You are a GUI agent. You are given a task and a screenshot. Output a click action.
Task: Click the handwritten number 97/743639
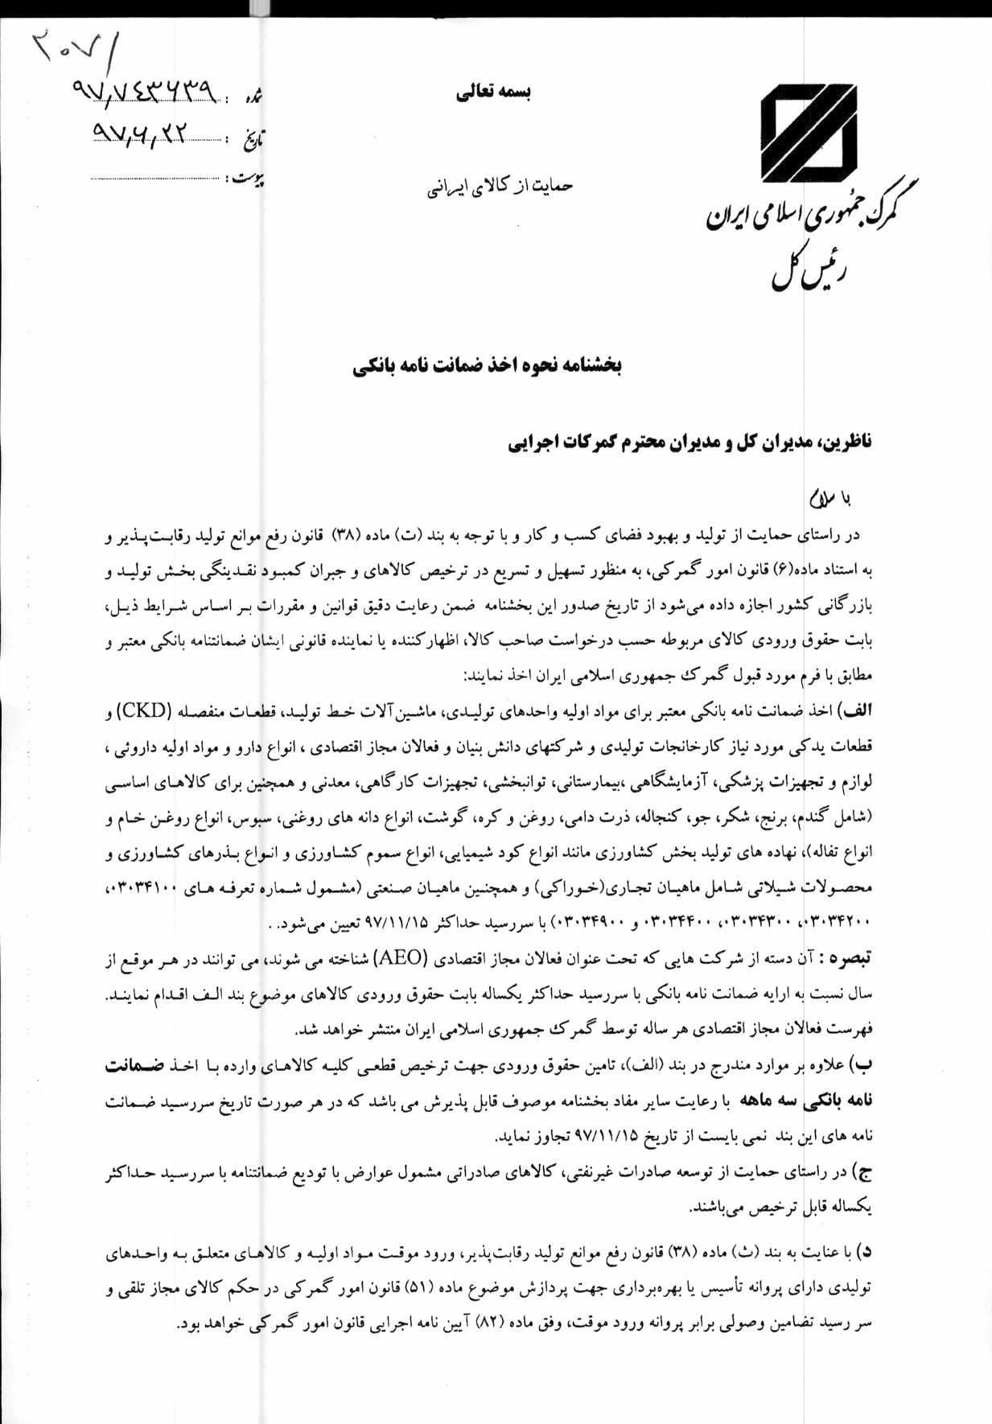[146, 93]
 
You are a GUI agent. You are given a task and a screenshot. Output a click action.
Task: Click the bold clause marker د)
[863, 1253]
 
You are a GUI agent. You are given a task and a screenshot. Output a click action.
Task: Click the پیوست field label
[248, 178]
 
